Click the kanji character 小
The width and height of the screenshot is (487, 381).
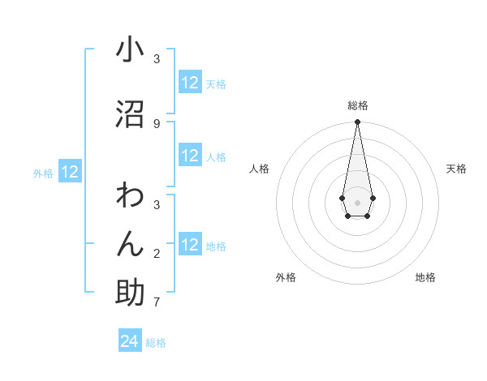click(130, 50)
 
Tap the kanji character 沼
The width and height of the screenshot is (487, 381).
click(130, 113)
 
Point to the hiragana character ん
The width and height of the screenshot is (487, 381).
click(130, 243)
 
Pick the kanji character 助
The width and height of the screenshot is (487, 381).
click(130, 293)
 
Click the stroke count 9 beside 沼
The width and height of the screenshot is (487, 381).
click(156, 123)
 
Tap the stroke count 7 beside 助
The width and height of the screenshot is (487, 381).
click(156, 302)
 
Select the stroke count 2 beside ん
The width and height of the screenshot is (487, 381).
click(156, 253)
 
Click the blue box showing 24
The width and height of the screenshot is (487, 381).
click(130, 341)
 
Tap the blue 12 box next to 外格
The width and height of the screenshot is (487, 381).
click(70, 172)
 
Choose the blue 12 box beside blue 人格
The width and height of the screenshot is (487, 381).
click(189, 156)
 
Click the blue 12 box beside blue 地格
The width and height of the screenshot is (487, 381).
click(189, 245)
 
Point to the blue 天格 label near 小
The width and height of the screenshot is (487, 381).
click(216, 83)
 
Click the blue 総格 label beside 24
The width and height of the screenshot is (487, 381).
click(156, 343)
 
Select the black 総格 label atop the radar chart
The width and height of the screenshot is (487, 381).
click(357, 105)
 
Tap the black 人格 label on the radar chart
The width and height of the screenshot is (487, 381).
click(259, 169)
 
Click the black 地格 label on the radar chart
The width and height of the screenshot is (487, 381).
click(425, 277)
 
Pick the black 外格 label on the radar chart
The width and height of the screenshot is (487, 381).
click(286, 277)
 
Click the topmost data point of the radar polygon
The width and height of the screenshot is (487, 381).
click(357, 122)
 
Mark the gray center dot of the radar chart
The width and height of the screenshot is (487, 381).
click(357, 201)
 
